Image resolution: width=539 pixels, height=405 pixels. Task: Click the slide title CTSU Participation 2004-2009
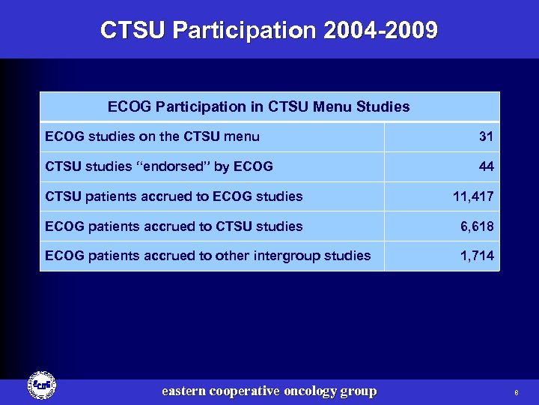click(269, 31)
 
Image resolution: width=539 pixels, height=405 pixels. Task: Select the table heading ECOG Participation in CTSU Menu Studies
click(258, 106)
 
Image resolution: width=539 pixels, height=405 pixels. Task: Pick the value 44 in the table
click(487, 166)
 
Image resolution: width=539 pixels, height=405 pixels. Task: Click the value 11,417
click(473, 196)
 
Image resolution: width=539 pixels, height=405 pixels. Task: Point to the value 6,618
click(476, 226)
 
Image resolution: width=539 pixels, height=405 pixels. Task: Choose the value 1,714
click(477, 256)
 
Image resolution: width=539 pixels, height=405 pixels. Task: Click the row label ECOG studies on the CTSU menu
click(152, 136)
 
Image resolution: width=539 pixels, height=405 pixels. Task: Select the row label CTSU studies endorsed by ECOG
click(159, 166)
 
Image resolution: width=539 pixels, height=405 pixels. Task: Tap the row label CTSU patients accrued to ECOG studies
click(174, 196)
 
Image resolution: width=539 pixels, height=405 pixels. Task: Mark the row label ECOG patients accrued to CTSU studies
click(174, 226)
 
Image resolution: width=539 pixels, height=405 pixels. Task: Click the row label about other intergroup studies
click(207, 256)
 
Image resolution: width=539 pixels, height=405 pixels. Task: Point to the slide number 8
click(516, 392)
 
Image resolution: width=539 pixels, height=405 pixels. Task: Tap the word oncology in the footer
click(308, 391)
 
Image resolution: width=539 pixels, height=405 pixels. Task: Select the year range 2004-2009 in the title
click(381, 31)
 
